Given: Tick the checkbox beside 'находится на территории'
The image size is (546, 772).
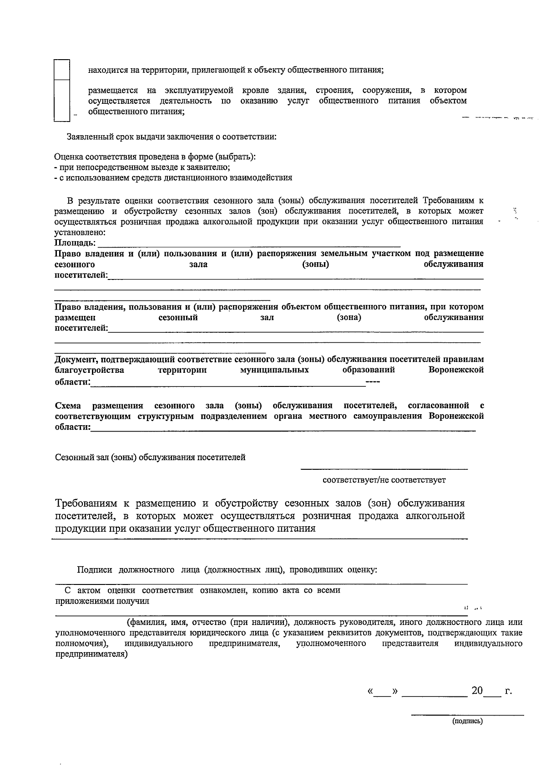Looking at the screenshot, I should [62, 70].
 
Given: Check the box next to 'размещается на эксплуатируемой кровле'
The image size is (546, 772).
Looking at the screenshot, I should [62, 101].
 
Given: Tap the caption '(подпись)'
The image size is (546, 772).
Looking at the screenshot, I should [467, 721].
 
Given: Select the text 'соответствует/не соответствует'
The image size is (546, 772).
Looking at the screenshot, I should [384, 480].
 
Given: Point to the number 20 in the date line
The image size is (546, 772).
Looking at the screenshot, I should [477, 691].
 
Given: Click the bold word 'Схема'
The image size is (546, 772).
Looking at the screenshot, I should [68, 405].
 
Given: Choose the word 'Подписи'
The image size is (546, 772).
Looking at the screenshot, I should [95, 569].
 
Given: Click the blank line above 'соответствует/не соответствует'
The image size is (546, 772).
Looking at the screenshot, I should [384, 468].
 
